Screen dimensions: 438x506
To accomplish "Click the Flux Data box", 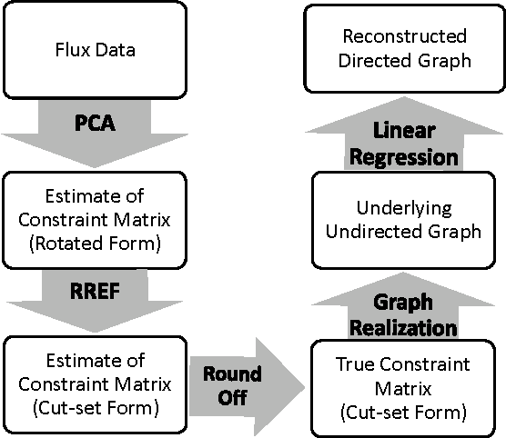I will click(x=95, y=49).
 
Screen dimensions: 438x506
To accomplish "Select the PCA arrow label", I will click(x=95, y=123).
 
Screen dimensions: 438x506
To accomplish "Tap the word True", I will click(x=355, y=368).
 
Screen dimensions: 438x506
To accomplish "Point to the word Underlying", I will click(x=401, y=208).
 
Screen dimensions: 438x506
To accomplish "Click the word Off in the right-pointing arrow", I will click(x=231, y=396).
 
